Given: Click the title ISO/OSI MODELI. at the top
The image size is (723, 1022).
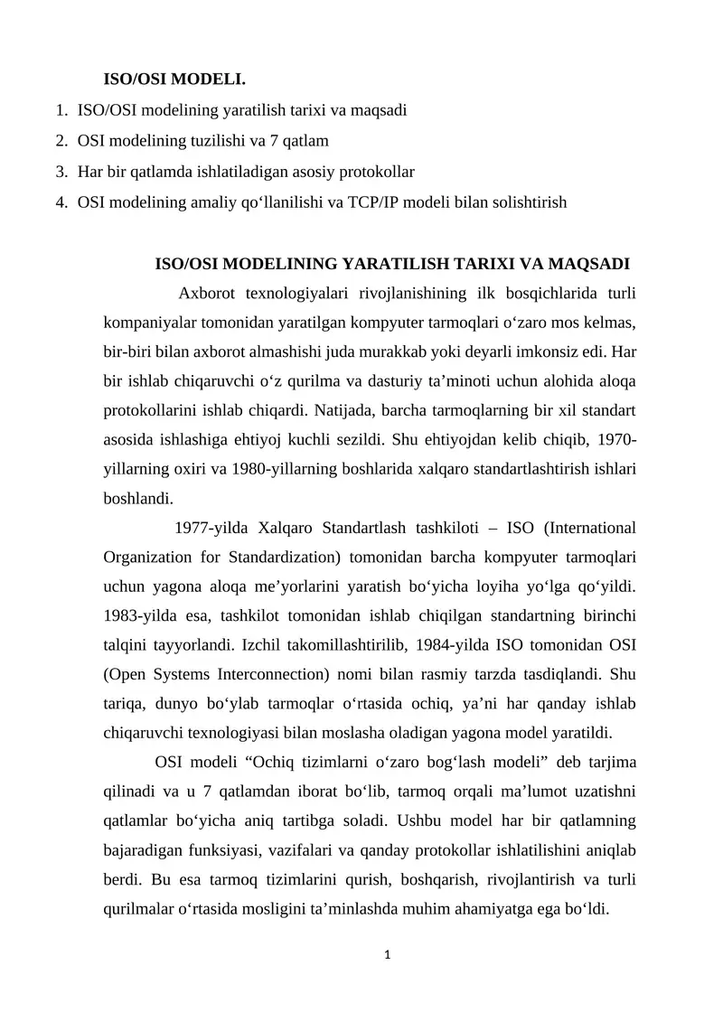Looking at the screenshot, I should (174, 80).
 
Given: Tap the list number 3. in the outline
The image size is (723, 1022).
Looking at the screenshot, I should (61, 172).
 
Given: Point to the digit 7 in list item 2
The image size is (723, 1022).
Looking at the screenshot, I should (282, 141).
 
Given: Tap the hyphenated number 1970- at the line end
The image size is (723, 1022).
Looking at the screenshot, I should (617, 439).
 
